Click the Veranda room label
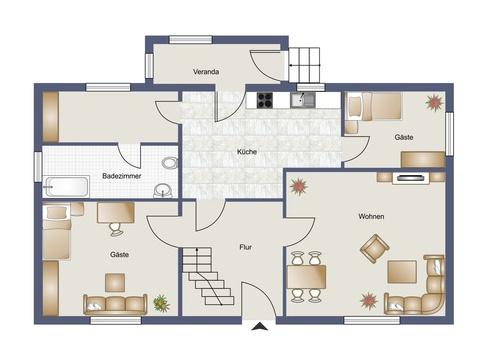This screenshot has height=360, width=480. coord(206,72)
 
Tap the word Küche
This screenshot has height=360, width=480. coord(247,152)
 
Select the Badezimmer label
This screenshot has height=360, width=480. coord(122,176)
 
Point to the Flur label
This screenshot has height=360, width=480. coord(246,247)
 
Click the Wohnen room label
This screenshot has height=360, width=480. coord(371,217)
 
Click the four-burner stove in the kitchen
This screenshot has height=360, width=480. coord(265,100)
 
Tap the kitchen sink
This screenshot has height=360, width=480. coord(303,100)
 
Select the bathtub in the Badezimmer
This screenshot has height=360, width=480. coord(66,187)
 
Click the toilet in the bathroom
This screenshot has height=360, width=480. coord(170,163)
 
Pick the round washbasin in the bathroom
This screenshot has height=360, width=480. coord(163,191)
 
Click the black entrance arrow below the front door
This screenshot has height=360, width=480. coord(260,326)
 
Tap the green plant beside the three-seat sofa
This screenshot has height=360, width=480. coord(161,303)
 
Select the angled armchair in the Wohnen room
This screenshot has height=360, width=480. coord(375,249)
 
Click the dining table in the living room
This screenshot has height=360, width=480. coord(306,277)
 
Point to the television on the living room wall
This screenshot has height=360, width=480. coord(411,178)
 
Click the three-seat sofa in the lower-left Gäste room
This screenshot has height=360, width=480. coord(115,305)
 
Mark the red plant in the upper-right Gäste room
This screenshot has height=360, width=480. coord(435,102)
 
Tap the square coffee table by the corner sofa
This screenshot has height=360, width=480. coord(402,272)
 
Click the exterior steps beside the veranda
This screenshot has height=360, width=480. coord(304,65)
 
